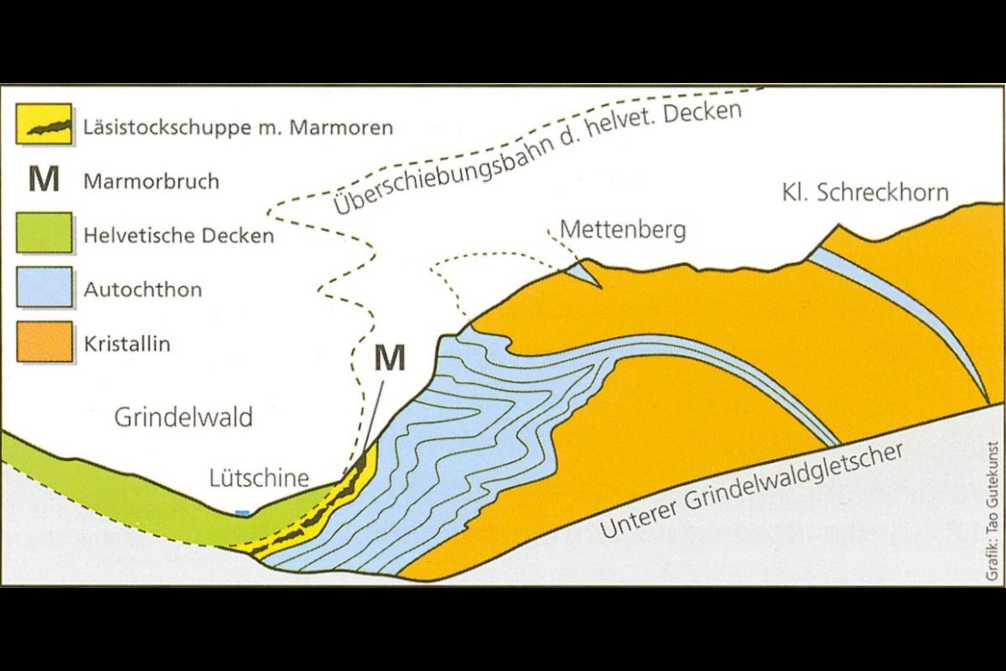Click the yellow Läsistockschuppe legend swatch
click(44, 125)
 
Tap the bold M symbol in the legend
click(44, 179)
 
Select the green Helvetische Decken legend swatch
click(44, 233)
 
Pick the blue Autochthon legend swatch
click(44, 289)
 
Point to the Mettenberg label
click(622, 228)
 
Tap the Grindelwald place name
click(184, 417)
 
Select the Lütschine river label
click(259, 478)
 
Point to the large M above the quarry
click(389, 358)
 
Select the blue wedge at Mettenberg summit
click(587, 272)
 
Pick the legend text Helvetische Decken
click(179, 235)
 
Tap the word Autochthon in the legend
click(143, 290)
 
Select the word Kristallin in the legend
click(127, 344)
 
